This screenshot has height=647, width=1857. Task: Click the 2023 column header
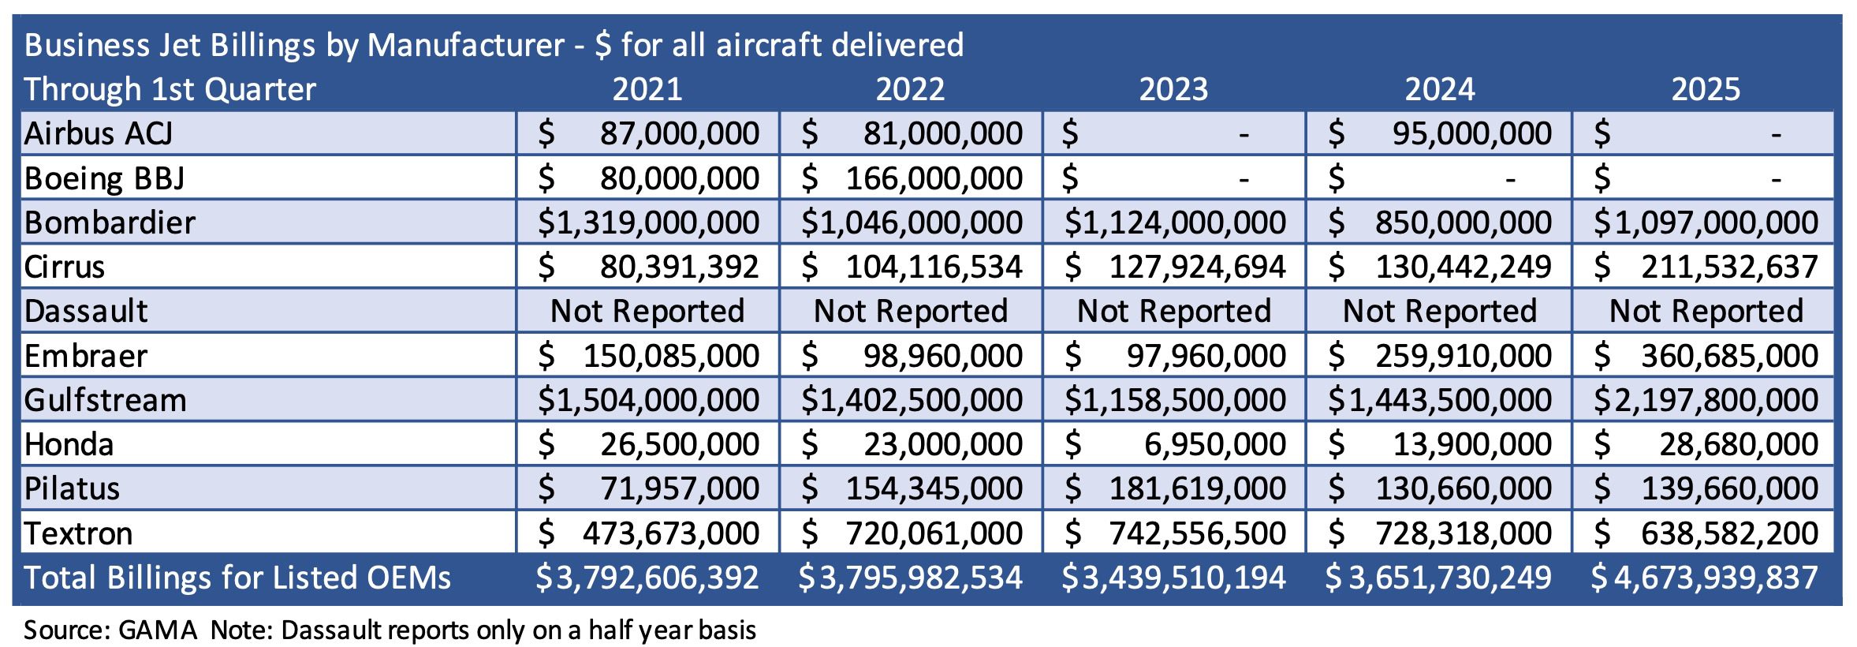(1173, 89)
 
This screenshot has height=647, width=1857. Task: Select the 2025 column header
(1705, 89)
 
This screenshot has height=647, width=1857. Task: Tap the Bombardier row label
(110, 223)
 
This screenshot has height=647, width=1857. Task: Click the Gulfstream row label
(105, 400)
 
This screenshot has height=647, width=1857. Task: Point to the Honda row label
(69, 444)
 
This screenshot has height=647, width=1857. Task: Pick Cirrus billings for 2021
(648, 267)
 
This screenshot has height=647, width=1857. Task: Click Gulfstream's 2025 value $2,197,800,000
(1705, 400)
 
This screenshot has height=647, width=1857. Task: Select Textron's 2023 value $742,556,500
(1175, 533)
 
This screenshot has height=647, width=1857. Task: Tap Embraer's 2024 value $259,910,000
(1440, 356)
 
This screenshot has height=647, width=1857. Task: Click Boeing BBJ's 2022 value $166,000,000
(912, 178)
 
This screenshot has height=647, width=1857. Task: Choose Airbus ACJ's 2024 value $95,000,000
(1440, 133)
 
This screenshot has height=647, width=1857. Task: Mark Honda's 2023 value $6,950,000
(1175, 444)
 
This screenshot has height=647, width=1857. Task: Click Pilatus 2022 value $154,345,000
(912, 488)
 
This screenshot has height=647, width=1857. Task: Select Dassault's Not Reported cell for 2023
(1174, 311)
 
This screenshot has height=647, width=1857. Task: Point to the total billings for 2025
(1705, 578)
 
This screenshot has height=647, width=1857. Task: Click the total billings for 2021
(647, 578)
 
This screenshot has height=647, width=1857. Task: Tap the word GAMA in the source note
(158, 630)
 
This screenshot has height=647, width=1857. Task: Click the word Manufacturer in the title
(466, 45)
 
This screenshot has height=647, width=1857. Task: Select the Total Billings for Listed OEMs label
(237, 578)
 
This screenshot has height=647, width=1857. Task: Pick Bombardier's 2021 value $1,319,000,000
(648, 223)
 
